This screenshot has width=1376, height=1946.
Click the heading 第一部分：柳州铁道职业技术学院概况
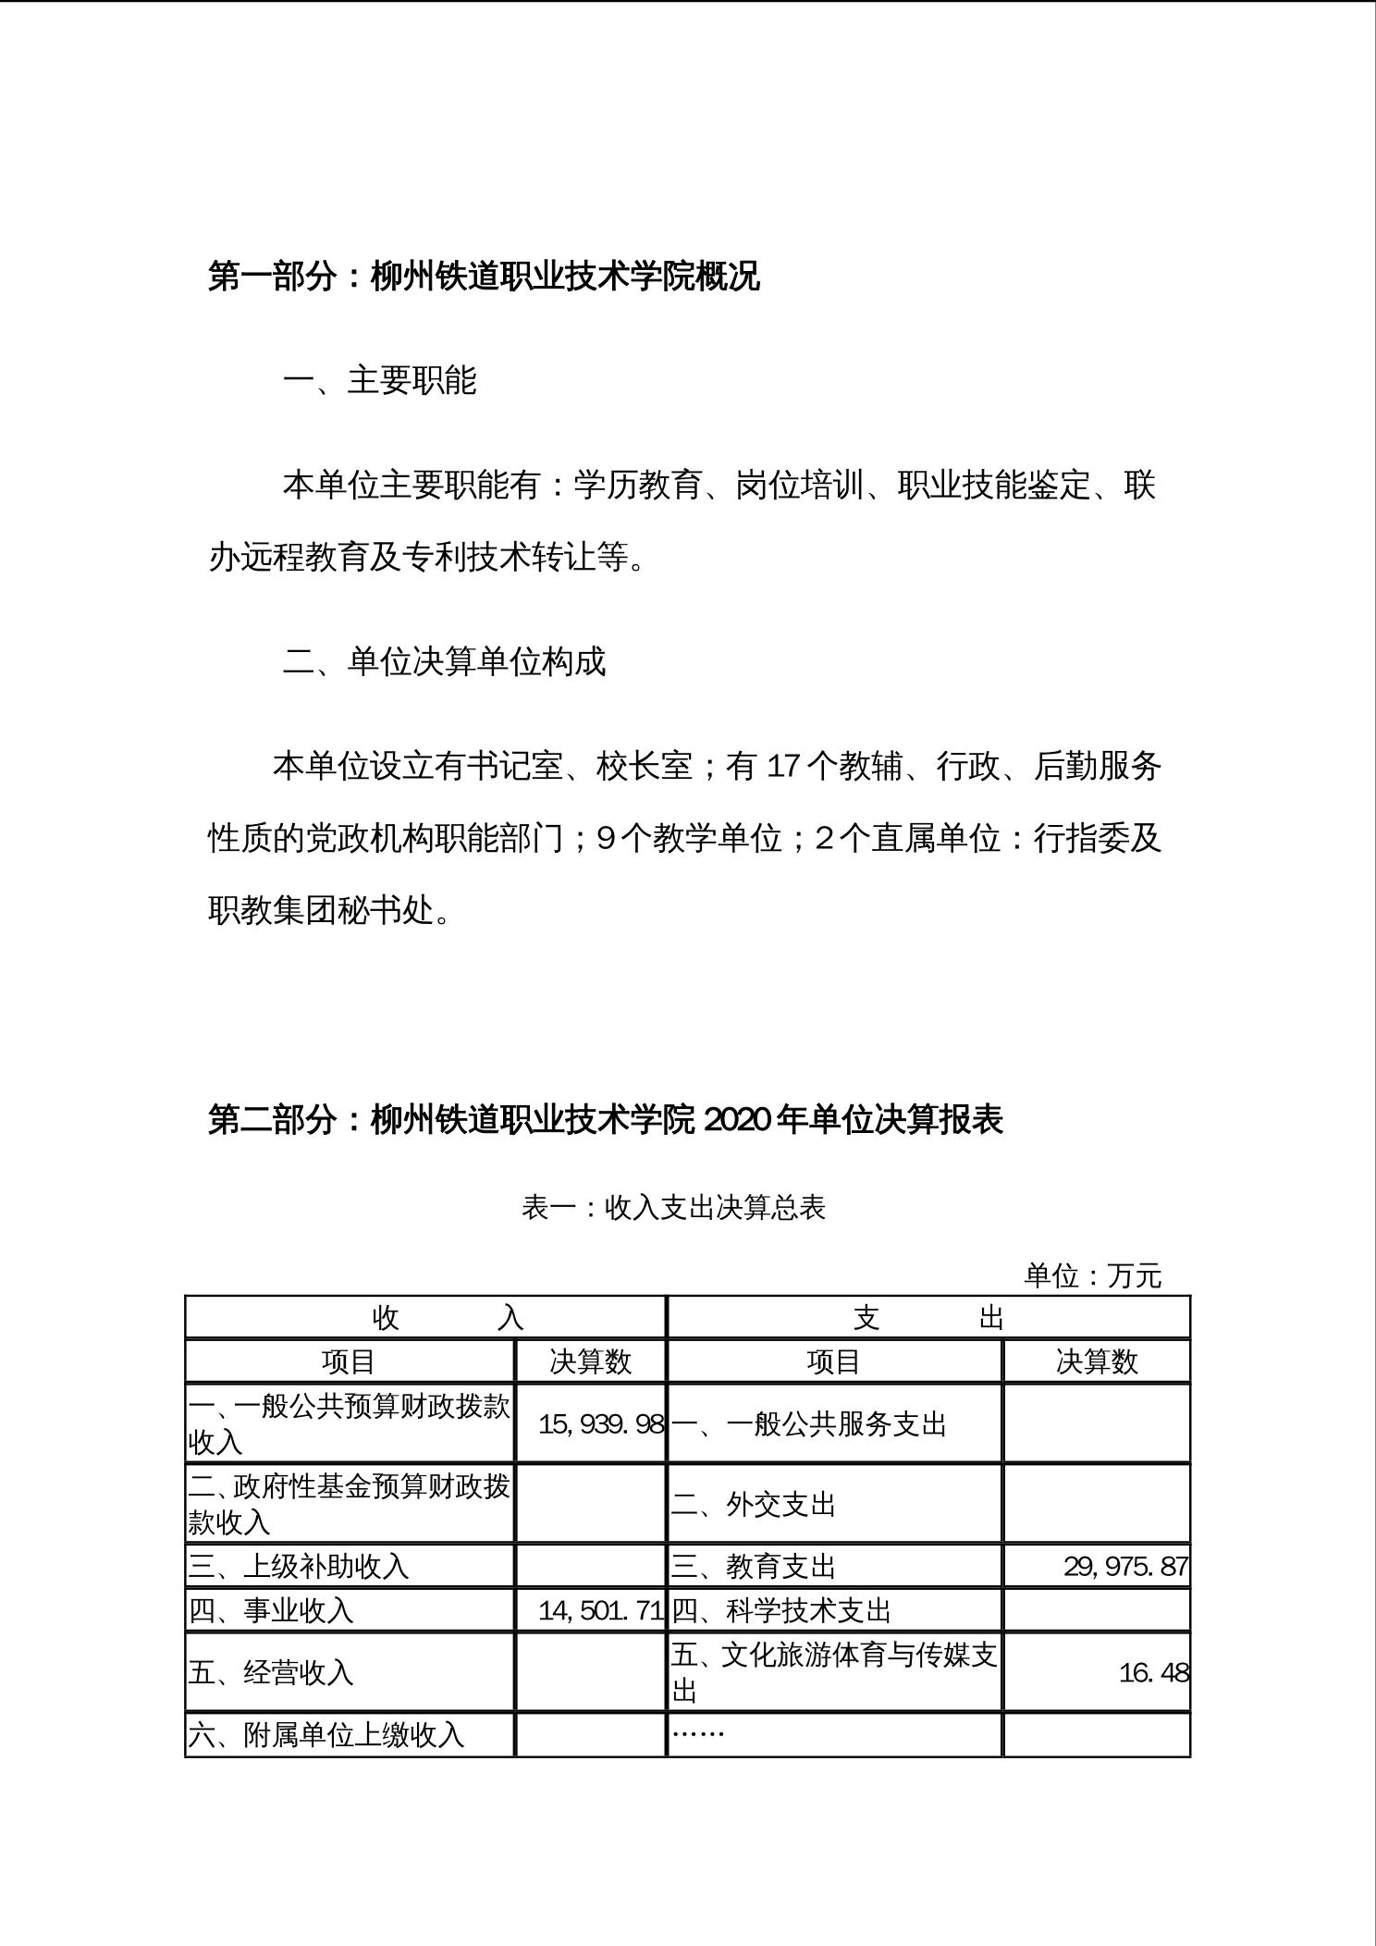(x=484, y=277)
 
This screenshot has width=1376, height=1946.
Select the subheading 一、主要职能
(x=380, y=381)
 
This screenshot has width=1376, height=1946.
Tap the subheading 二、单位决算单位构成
(x=444, y=661)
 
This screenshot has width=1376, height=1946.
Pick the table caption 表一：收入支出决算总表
(x=673, y=1208)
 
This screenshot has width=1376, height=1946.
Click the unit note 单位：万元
(x=1092, y=1276)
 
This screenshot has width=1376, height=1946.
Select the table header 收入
(x=448, y=1317)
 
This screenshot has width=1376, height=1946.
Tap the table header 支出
(x=928, y=1317)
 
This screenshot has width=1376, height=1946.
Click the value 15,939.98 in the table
(x=601, y=1424)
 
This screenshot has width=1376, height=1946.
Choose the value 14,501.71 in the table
(x=601, y=1611)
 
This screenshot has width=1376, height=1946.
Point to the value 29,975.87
(x=1125, y=1567)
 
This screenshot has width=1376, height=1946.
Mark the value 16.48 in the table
(x=1153, y=1673)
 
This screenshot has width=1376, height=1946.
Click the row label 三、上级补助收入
(x=299, y=1567)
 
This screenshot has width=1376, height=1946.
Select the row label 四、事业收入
(x=271, y=1611)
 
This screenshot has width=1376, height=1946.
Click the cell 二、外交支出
(x=753, y=1505)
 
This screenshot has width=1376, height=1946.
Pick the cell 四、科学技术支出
(x=780, y=1611)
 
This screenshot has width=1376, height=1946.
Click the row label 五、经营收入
(x=271, y=1673)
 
